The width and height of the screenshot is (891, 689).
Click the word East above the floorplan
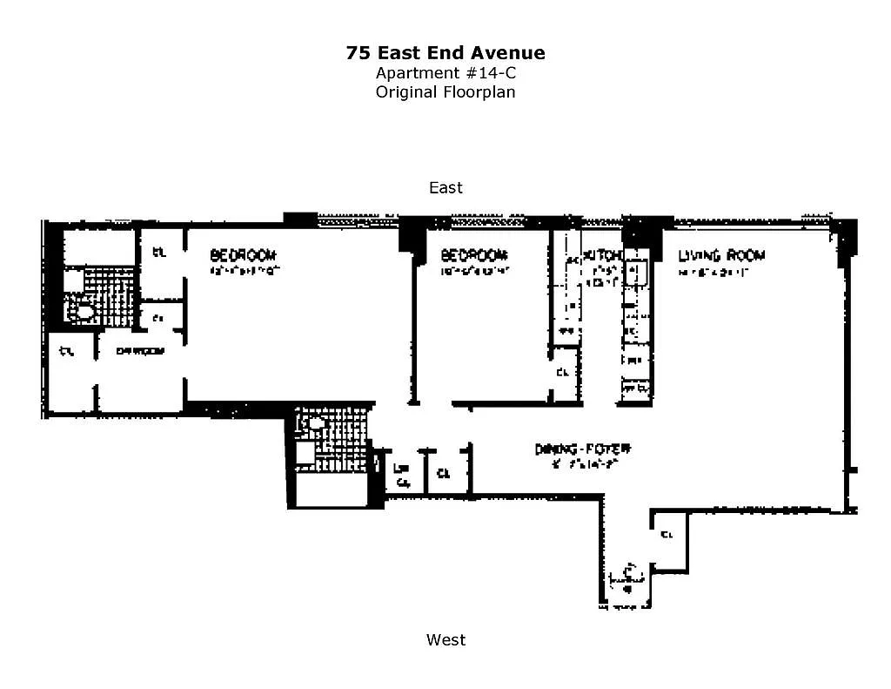pos(445,187)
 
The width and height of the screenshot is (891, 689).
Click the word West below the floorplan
pos(445,639)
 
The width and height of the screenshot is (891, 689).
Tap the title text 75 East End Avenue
pos(445,53)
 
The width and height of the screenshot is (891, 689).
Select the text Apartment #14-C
pos(445,73)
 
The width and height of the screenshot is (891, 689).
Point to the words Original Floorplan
pos(445,91)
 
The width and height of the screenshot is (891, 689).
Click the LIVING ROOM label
pos(721,255)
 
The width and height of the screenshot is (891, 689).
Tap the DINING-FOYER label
pos(582,449)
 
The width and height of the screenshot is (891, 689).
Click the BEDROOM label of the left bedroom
pos(243,255)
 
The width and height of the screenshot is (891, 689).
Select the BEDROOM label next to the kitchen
pos(473,255)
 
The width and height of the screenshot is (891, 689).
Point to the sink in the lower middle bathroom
pos(312,424)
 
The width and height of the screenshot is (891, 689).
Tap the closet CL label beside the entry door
pos(667,534)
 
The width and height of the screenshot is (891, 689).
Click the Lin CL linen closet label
pos(402,474)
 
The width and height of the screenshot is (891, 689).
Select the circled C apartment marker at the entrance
pos(628,575)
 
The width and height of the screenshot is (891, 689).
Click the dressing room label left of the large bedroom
pos(139,351)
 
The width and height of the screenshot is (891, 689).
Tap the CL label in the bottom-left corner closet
pos(66,352)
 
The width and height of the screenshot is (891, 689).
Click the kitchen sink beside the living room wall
pos(633,273)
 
